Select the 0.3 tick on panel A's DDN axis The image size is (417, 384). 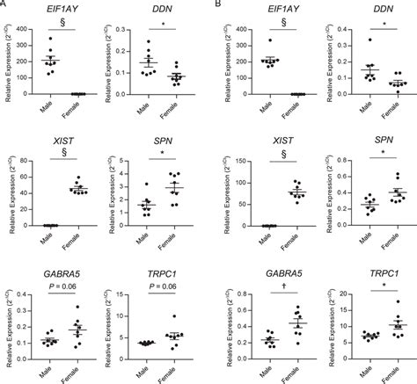(121, 21)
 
